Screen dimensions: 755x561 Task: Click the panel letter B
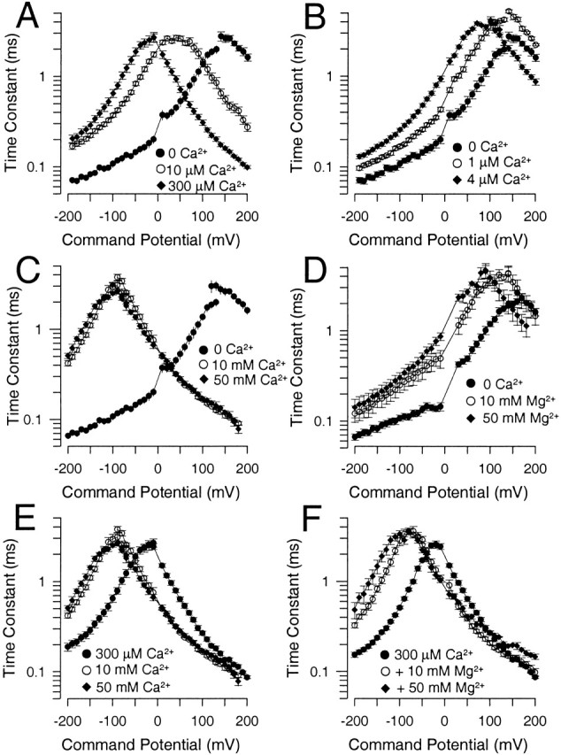tap(298, 16)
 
